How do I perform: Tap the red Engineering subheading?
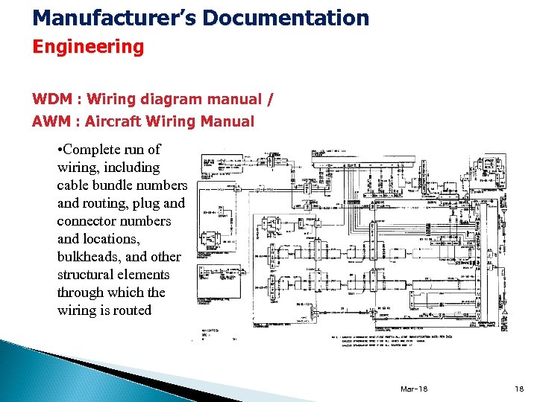pyautogui.click(x=88, y=48)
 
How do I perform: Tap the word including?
pyautogui.click(x=133, y=167)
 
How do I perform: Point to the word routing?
pyautogui.click(x=104, y=203)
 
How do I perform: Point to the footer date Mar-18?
pyautogui.click(x=414, y=389)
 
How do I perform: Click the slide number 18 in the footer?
pyautogui.click(x=520, y=389)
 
